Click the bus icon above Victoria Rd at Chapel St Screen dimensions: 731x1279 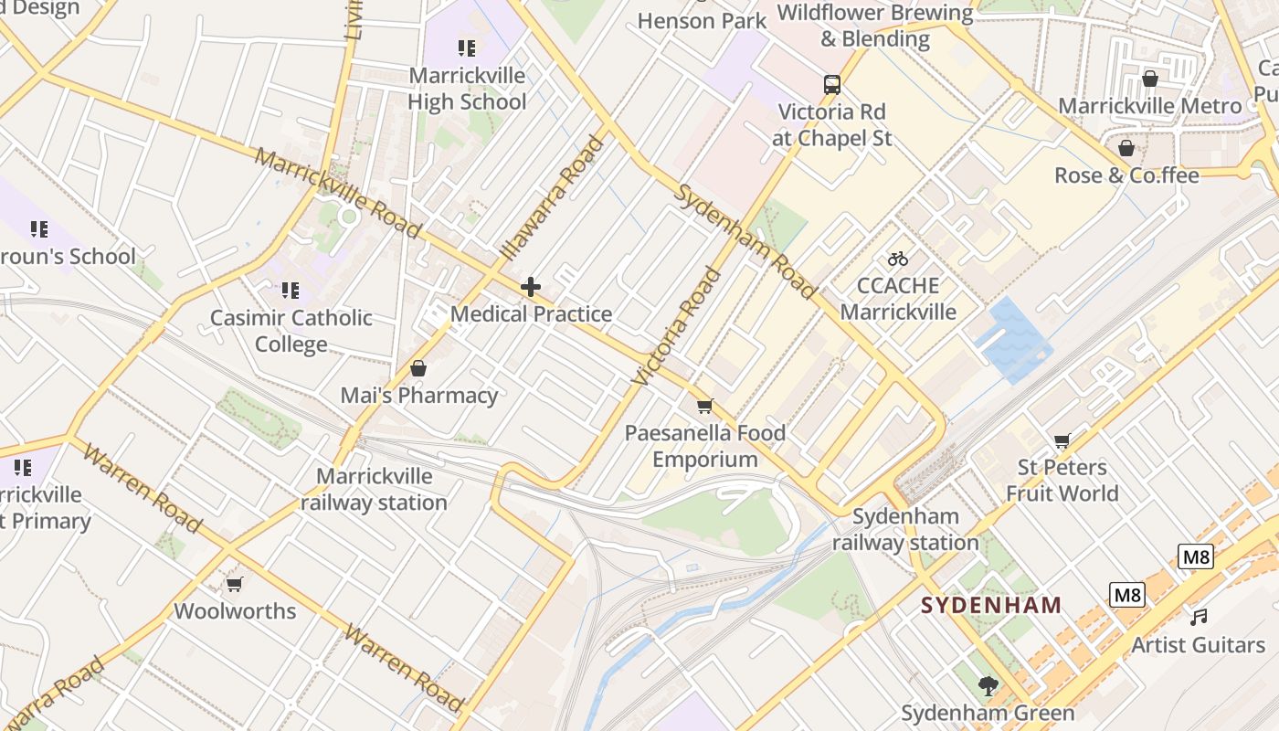click(x=831, y=85)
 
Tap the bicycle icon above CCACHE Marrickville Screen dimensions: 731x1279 click(x=898, y=259)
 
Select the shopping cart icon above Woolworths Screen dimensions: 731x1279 click(x=235, y=584)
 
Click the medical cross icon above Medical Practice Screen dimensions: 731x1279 click(x=531, y=288)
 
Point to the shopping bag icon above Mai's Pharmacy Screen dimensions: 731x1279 click(x=418, y=368)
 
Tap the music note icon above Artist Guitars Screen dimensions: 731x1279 click(x=1199, y=618)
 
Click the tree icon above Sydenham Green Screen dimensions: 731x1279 click(x=987, y=685)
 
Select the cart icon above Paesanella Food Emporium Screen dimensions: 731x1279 click(x=704, y=406)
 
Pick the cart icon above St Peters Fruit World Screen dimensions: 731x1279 click(x=1062, y=441)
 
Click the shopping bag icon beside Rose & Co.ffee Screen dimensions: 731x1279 click(x=1126, y=148)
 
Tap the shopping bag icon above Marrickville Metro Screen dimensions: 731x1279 click(x=1150, y=79)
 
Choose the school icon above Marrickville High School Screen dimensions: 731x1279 click(x=467, y=48)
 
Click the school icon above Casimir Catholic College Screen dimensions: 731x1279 click(x=290, y=291)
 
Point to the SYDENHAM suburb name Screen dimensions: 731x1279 click(x=991, y=605)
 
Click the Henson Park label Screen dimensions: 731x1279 click(x=702, y=20)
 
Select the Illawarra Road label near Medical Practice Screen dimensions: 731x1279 click(x=554, y=197)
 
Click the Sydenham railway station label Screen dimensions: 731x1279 click(x=905, y=530)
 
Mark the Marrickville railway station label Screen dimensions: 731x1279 click(x=375, y=489)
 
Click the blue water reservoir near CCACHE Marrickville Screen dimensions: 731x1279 click(x=1012, y=338)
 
